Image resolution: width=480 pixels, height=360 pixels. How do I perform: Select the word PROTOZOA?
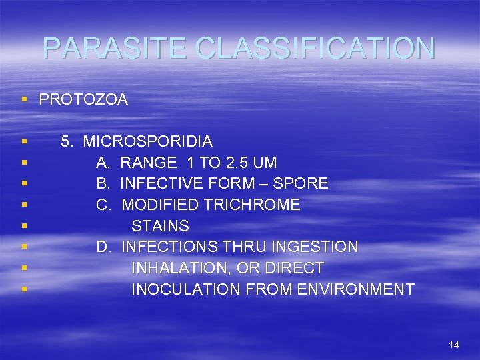pyautogui.click(x=83, y=100)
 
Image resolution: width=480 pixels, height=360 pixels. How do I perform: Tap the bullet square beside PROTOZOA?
pyautogui.click(x=24, y=100)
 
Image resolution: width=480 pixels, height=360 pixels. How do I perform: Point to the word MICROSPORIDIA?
pyautogui.click(x=148, y=141)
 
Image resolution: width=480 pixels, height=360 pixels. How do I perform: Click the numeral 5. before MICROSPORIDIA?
pyautogui.click(x=67, y=141)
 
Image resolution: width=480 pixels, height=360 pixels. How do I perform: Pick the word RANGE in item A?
pyautogui.click(x=149, y=163)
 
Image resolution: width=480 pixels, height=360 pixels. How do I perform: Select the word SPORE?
pyautogui.click(x=303, y=183)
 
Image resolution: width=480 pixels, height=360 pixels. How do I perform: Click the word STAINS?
pyautogui.click(x=160, y=226)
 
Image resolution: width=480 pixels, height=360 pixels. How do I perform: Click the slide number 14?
pyautogui.click(x=454, y=345)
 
